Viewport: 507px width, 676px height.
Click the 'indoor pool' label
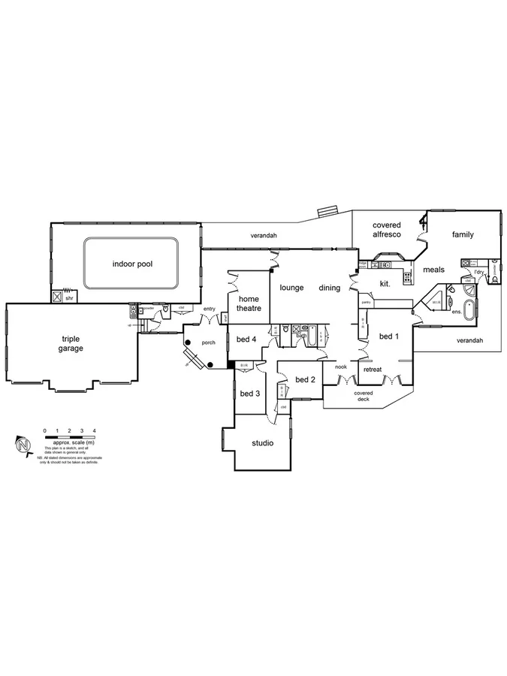pos(131,264)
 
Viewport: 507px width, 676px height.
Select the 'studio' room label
pos(262,443)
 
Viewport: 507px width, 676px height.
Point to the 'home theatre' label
pos(249,303)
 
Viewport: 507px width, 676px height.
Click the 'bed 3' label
pos(250,394)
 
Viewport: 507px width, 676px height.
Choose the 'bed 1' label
pos(388,336)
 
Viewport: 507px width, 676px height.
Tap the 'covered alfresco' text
pos(387,230)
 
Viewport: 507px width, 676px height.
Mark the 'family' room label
pos(463,235)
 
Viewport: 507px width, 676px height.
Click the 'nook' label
pos(340,367)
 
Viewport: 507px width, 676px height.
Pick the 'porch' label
pos(208,343)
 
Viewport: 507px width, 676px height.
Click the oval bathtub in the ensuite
pos(470,309)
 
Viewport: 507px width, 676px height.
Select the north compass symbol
pos(23,446)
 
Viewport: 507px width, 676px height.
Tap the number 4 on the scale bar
pos(94,430)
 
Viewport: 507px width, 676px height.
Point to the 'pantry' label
pos(367,303)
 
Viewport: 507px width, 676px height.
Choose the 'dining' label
pos(329,288)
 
